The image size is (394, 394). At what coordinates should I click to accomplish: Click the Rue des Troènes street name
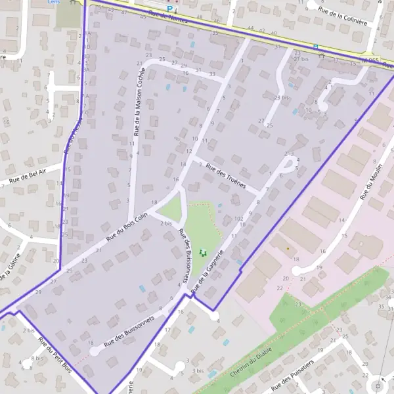(225, 175)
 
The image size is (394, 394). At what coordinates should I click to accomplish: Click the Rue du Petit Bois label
(55, 354)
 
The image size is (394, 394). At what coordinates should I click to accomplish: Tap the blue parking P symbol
(170, 9)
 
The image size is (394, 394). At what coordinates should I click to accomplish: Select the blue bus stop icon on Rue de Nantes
(315, 47)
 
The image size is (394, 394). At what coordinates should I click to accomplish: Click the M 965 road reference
(370, 61)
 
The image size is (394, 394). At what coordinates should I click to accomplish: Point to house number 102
(238, 217)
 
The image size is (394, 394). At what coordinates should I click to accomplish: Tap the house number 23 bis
(282, 98)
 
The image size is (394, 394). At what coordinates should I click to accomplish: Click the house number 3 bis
(198, 370)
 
